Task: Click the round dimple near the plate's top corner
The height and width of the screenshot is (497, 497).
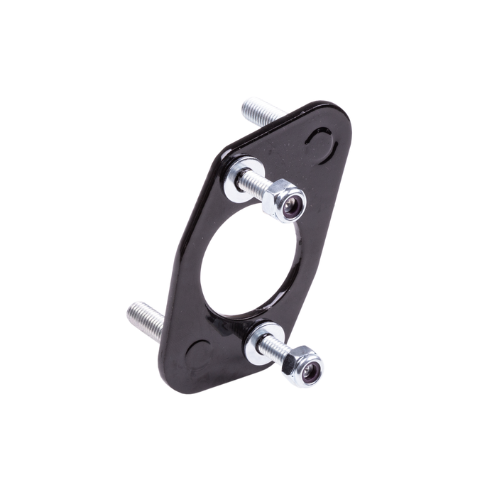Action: [x=321, y=146]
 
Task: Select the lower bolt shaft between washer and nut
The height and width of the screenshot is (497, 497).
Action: [x=275, y=349]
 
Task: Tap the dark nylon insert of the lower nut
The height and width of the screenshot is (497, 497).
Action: [x=310, y=371]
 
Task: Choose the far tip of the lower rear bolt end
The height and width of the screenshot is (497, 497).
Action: [x=132, y=311]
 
